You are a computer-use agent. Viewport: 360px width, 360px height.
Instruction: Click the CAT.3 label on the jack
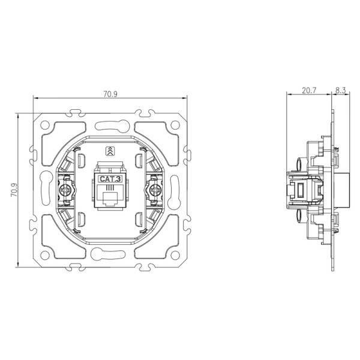(x=110, y=178)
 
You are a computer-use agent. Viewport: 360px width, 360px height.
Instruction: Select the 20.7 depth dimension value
(x=309, y=91)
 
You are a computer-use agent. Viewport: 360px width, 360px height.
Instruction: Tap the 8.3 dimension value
(x=341, y=91)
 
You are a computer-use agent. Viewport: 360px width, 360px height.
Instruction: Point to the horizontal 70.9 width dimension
(x=110, y=94)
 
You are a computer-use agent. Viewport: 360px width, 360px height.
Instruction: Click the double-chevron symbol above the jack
(x=110, y=151)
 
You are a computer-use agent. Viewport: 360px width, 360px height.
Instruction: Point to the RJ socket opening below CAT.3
(x=110, y=196)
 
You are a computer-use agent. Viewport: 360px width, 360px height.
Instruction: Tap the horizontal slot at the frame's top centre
(x=110, y=127)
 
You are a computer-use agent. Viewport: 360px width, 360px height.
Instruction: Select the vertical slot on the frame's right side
(x=175, y=190)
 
